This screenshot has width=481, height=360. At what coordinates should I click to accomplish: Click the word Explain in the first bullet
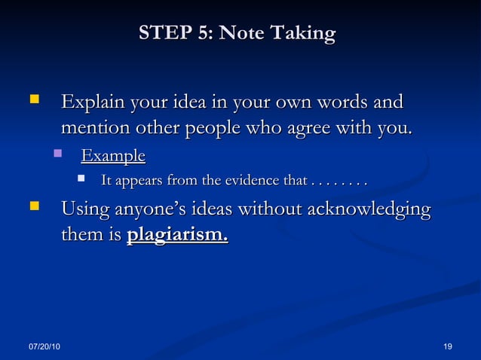[x=93, y=102]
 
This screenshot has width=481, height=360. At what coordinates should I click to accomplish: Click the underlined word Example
[x=113, y=156]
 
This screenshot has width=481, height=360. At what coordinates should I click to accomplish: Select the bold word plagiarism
[x=177, y=235]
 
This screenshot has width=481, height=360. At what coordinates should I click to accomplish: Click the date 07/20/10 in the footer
[x=46, y=346]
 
